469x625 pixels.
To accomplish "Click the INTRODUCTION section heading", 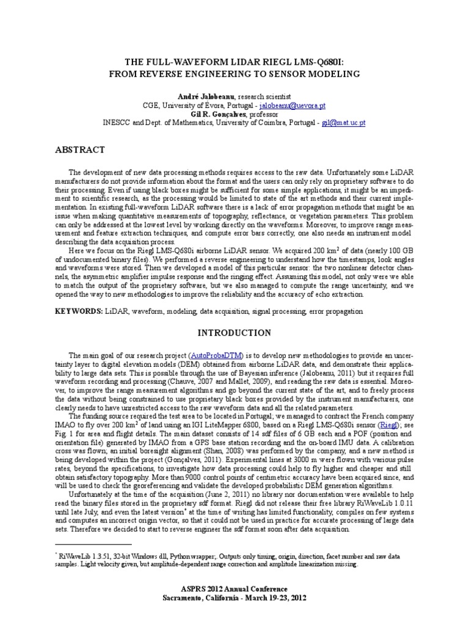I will pyautogui.click(x=234, y=333).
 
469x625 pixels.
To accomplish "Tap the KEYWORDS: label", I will pyautogui.click(x=78, y=311).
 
